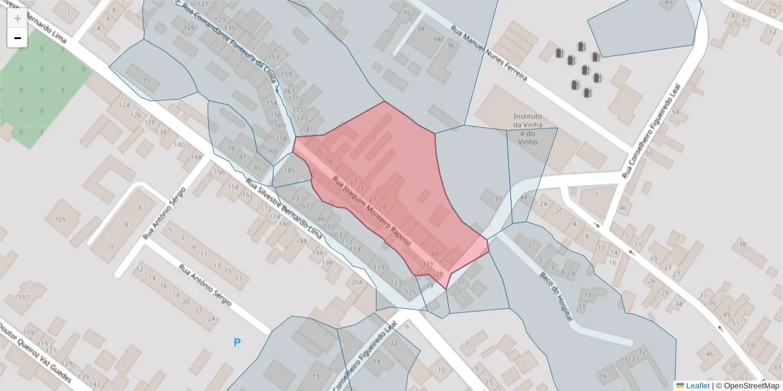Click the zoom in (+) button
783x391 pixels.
(17, 18)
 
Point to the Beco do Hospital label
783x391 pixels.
(555, 297)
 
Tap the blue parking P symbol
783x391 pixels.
(238, 342)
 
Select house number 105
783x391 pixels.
(61, 220)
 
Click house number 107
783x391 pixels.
(24, 297)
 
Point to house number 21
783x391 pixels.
(147, 81)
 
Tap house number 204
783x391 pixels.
(357, 282)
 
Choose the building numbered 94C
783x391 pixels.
(438, 40)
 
